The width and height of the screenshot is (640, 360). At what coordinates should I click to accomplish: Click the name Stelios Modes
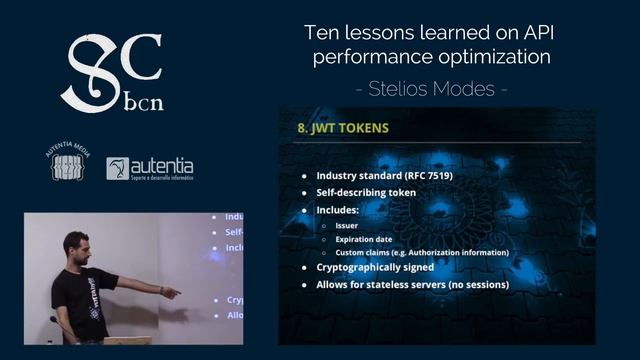tap(431, 88)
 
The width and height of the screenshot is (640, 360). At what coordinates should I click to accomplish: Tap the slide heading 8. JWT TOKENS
tap(343, 129)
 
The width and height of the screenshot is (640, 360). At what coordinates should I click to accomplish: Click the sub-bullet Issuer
tap(348, 226)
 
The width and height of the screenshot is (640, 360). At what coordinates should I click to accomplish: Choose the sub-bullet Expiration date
tap(369, 239)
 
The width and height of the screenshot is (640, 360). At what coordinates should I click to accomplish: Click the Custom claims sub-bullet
tap(420, 252)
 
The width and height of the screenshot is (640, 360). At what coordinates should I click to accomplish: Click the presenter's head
tap(76, 246)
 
